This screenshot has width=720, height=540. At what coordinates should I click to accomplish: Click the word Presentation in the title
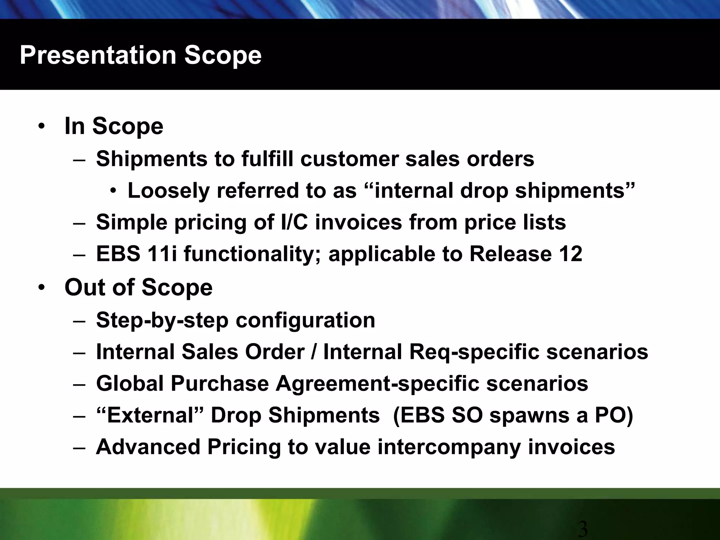(98, 56)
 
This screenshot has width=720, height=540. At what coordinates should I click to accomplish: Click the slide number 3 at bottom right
(583, 529)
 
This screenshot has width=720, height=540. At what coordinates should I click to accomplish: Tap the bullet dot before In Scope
(41, 127)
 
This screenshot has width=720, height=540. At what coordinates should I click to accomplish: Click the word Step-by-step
(162, 321)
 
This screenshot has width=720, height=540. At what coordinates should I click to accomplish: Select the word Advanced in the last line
(148, 447)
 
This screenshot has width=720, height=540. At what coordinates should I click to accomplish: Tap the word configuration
(305, 321)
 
